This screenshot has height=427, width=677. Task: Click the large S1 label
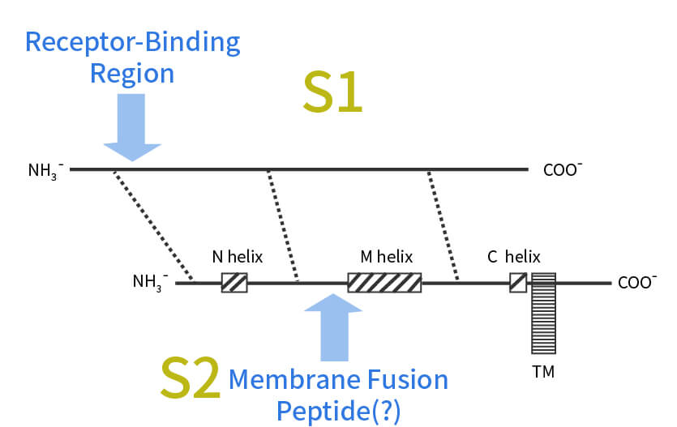coord(332,94)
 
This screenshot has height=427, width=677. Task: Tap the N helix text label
coord(238,258)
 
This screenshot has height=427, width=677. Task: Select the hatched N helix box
coord(234,282)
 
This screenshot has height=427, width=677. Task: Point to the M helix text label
coord(386,258)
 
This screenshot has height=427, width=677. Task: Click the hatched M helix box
coord(384,282)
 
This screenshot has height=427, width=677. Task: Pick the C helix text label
coord(513,258)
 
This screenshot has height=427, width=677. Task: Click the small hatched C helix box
coord(518,282)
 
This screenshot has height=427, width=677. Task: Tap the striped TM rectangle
coord(544,313)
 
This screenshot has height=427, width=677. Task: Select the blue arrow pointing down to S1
coord(132,126)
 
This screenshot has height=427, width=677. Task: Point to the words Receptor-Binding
coord(132,42)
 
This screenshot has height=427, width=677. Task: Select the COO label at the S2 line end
coord(636,283)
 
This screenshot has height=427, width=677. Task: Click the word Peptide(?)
coord(338,411)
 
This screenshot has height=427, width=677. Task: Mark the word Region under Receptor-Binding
coord(131,74)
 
